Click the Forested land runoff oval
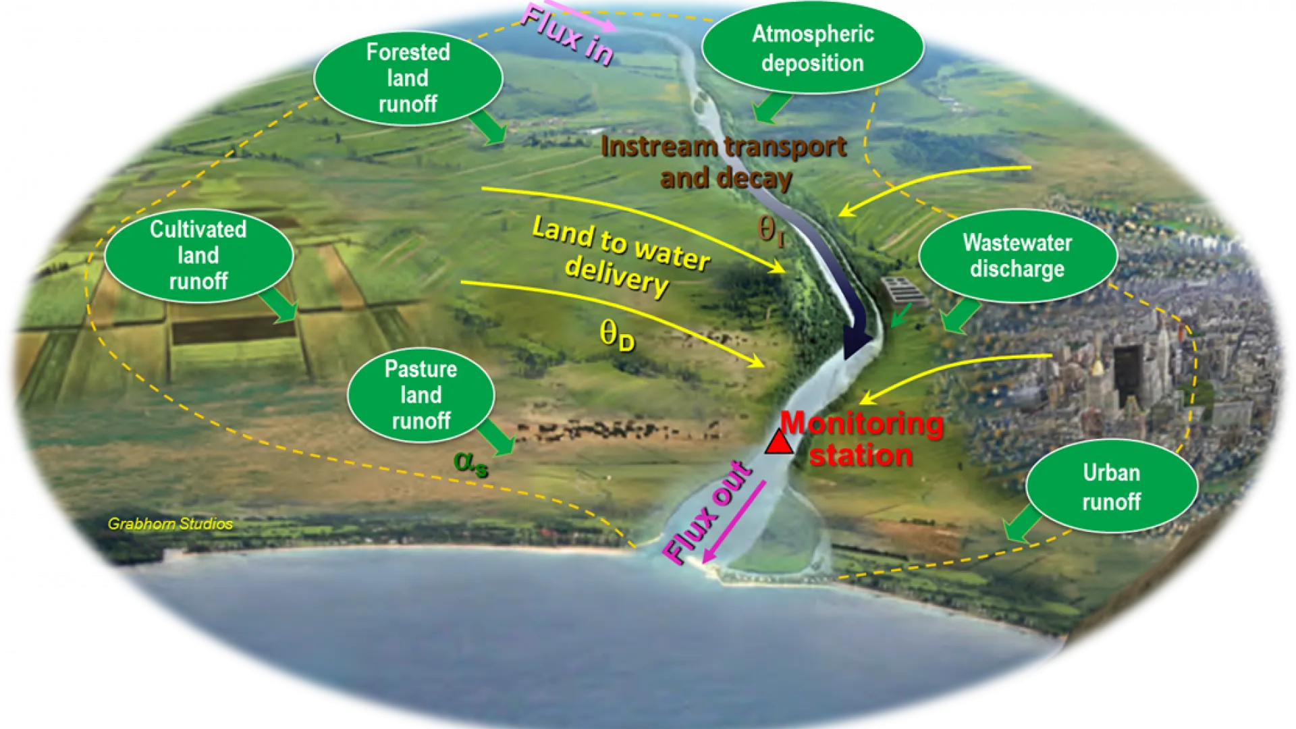(408, 78)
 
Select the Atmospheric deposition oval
(813, 48)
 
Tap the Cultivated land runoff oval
(198, 255)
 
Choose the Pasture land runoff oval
(421, 395)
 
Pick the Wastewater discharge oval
(1018, 256)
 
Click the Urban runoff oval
(1112, 487)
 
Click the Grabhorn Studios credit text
(170, 524)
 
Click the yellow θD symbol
(617, 335)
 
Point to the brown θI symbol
(771, 231)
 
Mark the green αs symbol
(470, 464)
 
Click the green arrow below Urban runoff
(1023, 524)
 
